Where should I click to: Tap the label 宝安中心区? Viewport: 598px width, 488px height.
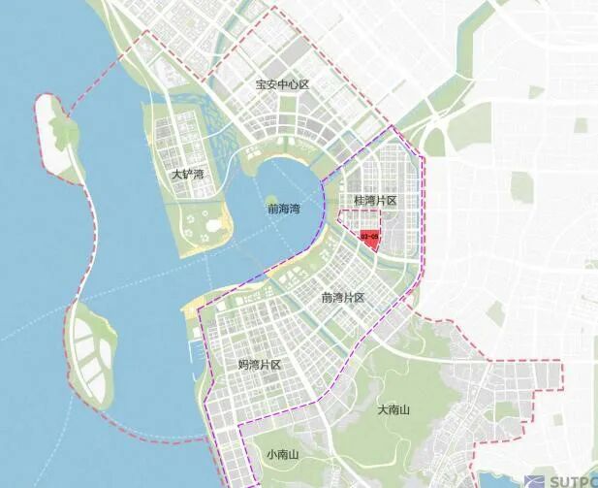coord(282,85)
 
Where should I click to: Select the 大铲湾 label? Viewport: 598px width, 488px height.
coord(188,175)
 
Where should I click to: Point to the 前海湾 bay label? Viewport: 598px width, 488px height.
coord(283,208)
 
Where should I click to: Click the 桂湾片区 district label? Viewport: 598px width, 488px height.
coord(376,200)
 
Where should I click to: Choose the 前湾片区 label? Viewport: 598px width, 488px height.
coord(343,298)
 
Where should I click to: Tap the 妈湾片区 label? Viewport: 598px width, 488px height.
coord(260,365)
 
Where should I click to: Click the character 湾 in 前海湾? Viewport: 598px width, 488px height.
coord(295,208)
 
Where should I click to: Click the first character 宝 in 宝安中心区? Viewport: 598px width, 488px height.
coord(261,85)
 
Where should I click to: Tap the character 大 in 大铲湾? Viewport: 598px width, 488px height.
coord(176,175)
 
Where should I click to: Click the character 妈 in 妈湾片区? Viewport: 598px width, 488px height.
coord(243,365)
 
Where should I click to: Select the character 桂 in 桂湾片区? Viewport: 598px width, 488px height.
coord(360,200)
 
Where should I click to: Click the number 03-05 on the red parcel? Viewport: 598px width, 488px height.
coord(369,236)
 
